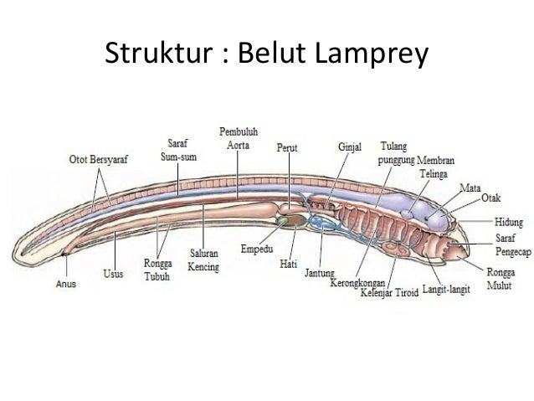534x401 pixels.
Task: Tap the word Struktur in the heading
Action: (159, 53)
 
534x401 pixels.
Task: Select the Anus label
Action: (66, 284)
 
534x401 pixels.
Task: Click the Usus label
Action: (113, 274)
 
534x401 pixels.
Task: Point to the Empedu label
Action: (257, 249)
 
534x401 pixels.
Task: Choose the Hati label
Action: (289, 264)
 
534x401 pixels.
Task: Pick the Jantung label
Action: (320, 273)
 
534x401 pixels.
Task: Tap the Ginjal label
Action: (350, 147)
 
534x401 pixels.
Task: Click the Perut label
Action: (287, 147)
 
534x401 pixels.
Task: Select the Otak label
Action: (490, 198)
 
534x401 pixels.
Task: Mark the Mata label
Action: (470, 188)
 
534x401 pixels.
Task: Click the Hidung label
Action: (508, 222)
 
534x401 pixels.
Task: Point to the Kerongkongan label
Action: (357, 283)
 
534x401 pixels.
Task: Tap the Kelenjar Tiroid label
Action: (389, 293)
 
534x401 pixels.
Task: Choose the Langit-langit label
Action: (446, 290)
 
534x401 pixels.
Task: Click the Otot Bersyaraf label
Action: (99, 159)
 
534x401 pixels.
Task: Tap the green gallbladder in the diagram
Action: (282, 220)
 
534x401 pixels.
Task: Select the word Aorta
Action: (238, 145)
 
